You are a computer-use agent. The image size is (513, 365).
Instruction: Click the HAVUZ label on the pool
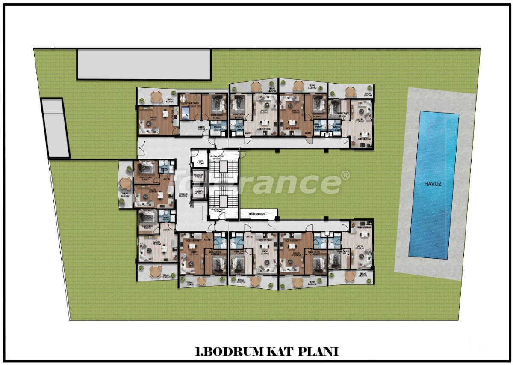[433, 184]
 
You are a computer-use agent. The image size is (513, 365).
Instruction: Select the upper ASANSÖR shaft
[198, 176]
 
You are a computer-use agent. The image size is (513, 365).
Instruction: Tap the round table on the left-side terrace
[124, 183]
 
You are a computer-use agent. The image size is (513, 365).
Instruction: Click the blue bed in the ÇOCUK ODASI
[187, 113]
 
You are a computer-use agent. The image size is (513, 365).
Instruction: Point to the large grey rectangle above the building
[144, 64]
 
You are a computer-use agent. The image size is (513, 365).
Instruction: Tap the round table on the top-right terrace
[350, 91]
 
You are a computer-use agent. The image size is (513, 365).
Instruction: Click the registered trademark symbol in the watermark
[345, 175]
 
